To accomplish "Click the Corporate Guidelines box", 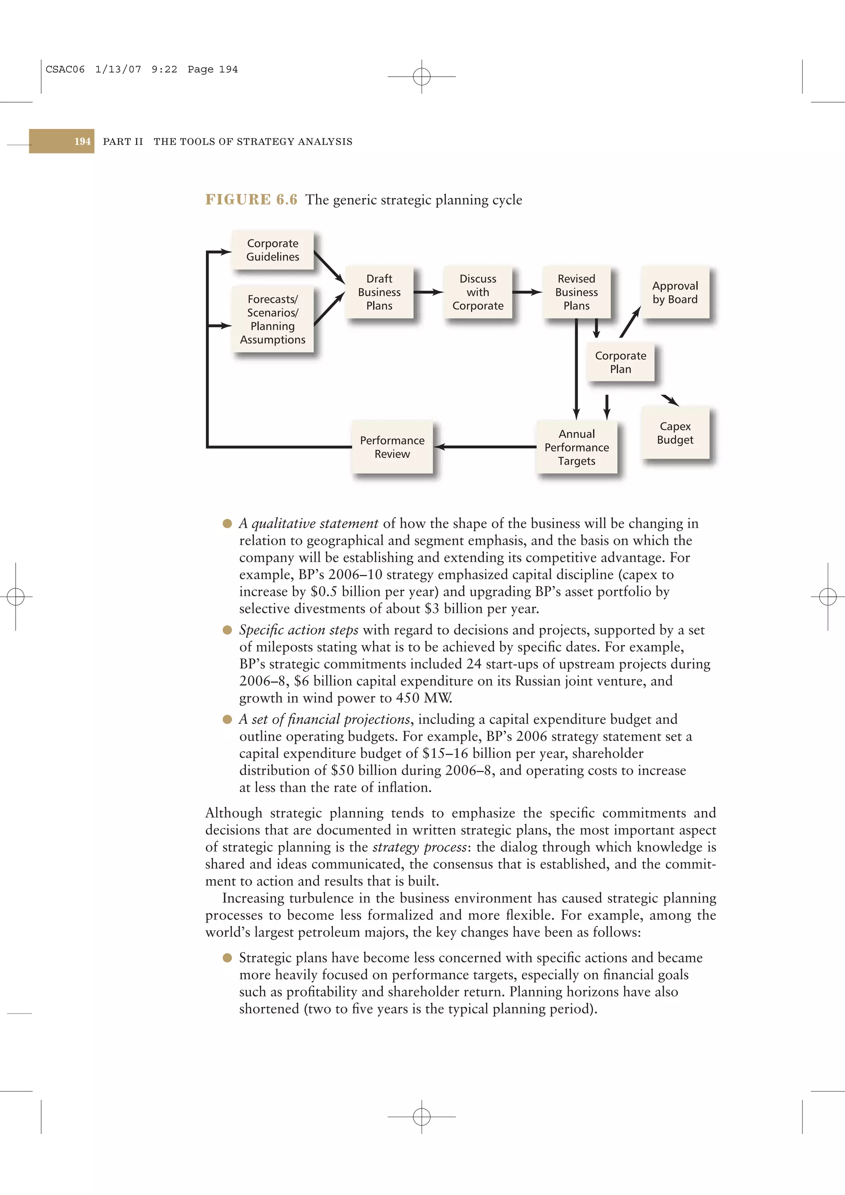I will [272, 250].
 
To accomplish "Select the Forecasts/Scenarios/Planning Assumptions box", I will [272, 319].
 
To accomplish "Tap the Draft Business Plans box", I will [379, 292].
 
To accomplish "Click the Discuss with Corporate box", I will [477, 292].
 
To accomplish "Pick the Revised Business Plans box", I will [576, 292].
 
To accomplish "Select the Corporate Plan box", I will [620, 362].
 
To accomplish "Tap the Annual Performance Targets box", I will [576, 447].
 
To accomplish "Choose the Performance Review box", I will [392, 447].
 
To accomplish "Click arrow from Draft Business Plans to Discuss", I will [428, 292].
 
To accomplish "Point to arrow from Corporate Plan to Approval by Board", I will [630, 322].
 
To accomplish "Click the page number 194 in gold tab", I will [82, 141].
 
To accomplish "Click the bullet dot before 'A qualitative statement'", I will [227, 524].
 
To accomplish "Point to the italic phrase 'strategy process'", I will [419, 847].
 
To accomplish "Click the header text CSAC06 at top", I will [65, 70].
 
